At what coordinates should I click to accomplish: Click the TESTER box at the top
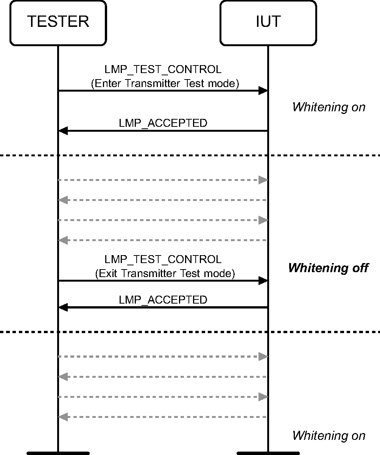pyautogui.click(x=58, y=23)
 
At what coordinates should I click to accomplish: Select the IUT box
pyautogui.click(x=268, y=23)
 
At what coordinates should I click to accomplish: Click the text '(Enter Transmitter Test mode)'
pyautogui.click(x=165, y=83)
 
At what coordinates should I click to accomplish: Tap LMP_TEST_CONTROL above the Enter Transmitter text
pyautogui.click(x=163, y=70)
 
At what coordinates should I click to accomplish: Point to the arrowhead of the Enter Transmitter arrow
pyautogui.click(x=263, y=91)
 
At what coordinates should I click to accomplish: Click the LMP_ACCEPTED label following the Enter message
pyautogui.click(x=163, y=123)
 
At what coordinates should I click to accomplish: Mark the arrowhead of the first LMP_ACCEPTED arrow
pyautogui.click(x=63, y=131)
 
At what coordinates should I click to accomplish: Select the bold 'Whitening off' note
pyautogui.click(x=328, y=268)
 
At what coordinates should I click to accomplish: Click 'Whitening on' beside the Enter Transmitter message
pyautogui.click(x=329, y=107)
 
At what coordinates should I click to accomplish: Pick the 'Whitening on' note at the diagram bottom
pyautogui.click(x=329, y=436)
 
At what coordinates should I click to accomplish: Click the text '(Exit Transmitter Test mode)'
pyautogui.click(x=165, y=273)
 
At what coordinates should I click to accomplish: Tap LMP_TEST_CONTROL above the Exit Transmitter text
pyautogui.click(x=163, y=259)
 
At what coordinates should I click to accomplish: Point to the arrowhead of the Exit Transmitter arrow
pyautogui.click(x=263, y=280)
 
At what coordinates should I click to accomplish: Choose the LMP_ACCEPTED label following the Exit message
pyautogui.click(x=163, y=300)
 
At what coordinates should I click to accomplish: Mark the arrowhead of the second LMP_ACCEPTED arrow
pyautogui.click(x=63, y=308)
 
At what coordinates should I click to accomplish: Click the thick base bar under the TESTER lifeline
pyautogui.click(x=58, y=453)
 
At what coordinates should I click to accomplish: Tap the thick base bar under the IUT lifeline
pyautogui.click(x=268, y=453)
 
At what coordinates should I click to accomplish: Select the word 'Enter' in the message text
pyautogui.click(x=108, y=83)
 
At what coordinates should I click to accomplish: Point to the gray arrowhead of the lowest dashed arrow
pyautogui.click(x=63, y=417)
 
